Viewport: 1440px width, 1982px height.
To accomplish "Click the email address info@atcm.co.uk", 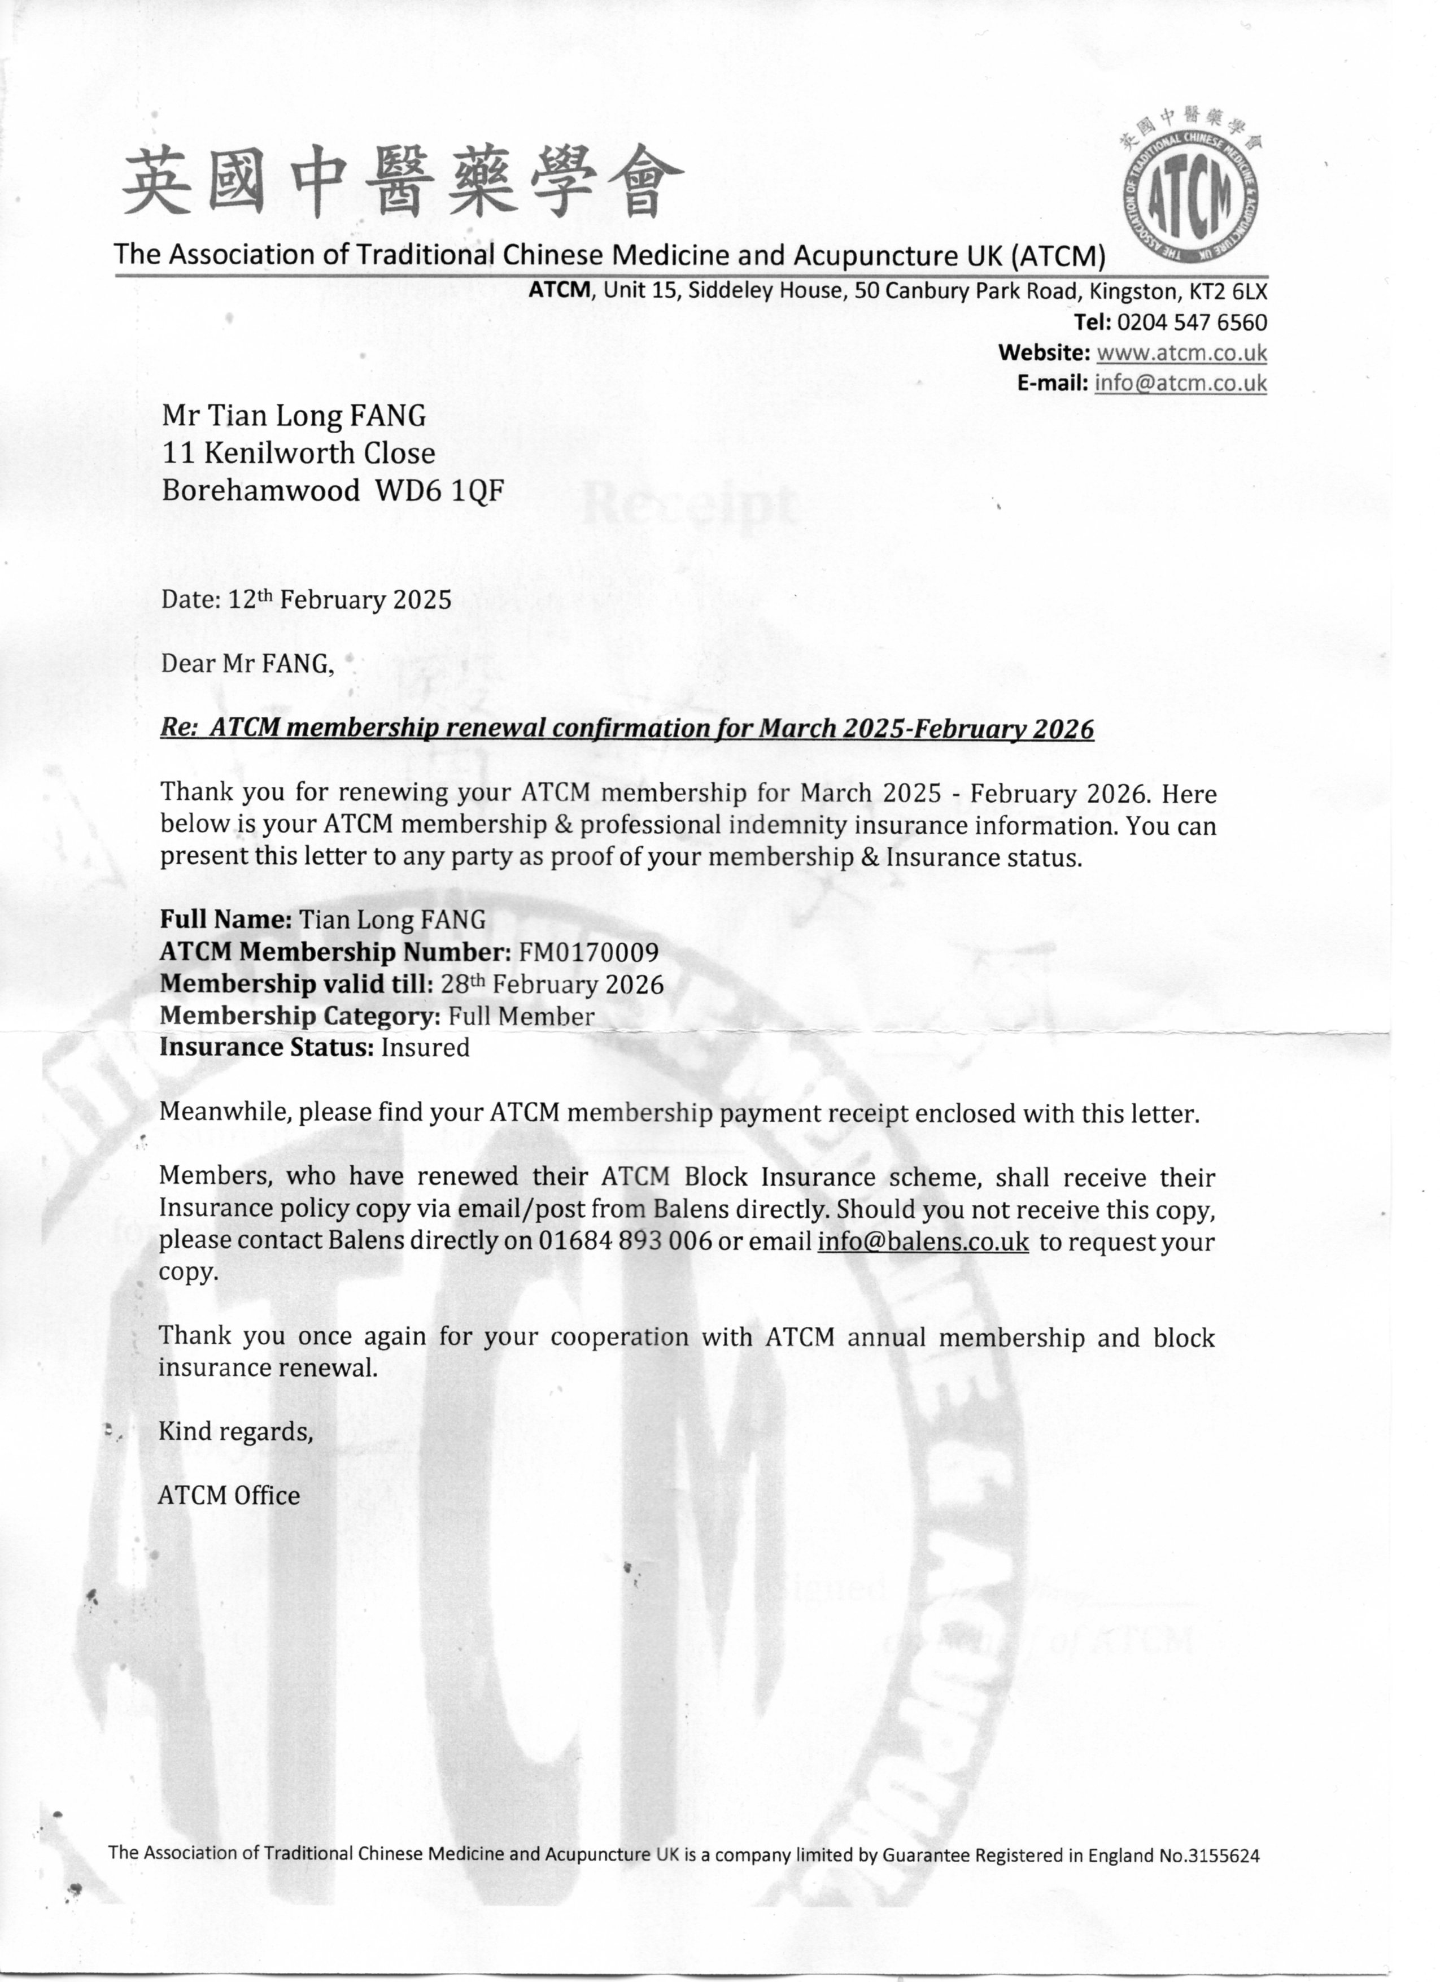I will [x=1180, y=383].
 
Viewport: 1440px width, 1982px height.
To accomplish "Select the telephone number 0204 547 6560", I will [x=1192, y=323].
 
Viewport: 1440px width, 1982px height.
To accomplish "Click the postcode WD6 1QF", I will [x=439, y=490].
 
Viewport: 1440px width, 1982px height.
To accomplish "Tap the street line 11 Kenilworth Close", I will [x=298, y=452].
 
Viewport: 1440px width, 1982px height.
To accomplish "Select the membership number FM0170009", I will [x=588, y=952].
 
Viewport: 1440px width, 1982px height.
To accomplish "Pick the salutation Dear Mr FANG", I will [x=247, y=664].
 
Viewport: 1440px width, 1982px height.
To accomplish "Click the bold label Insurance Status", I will [x=267, y=1047].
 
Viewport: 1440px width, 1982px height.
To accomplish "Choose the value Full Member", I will [x=521, y=1016].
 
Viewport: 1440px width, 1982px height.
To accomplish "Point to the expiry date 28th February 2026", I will [x=551, y=984].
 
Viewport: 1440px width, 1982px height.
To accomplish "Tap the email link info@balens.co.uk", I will [x=923, y=1241].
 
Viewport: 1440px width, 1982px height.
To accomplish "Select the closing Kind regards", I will [x=235, y=1431].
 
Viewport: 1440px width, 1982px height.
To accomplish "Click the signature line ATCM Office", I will [x=229, y=1495].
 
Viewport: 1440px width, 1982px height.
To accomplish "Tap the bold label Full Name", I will [x=225, y=920].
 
